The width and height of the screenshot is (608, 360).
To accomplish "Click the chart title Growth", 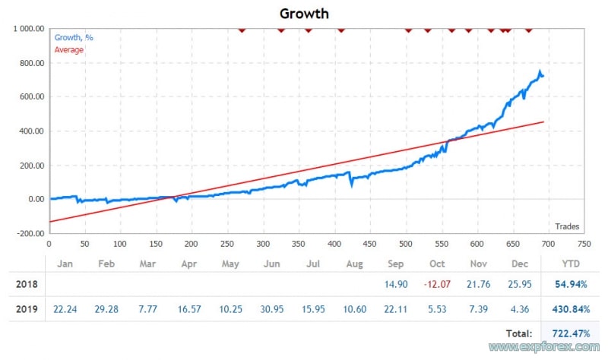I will (304, 13).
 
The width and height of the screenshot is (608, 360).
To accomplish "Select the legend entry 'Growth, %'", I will (74, 37).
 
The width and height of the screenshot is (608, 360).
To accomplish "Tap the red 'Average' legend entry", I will (69, 49).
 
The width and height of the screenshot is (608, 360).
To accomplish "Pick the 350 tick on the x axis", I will (263, 244).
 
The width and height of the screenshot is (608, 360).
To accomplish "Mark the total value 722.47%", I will (565, 333).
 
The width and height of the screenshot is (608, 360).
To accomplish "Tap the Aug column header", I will (354, 264).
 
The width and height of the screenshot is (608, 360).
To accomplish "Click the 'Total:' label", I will (518, 333).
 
